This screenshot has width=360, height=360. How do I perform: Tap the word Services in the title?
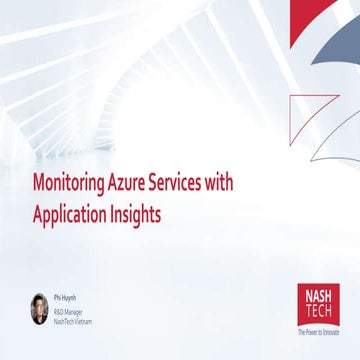click(192, 186)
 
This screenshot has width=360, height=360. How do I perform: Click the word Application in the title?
click(75, 213)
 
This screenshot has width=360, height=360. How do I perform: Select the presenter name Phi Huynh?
click(64, 296)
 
